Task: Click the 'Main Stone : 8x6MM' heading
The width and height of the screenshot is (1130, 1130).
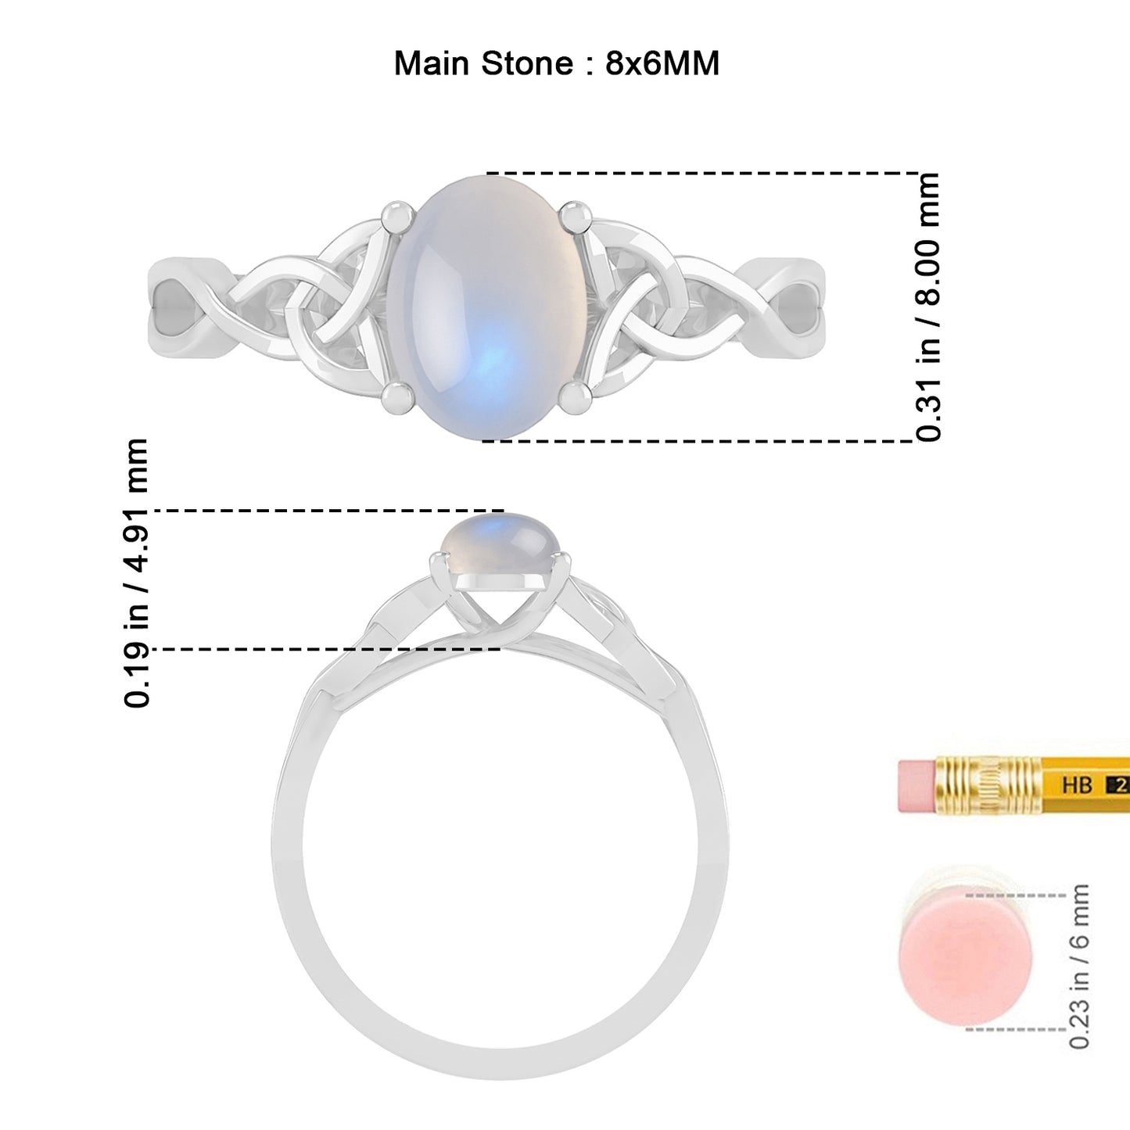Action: point(556,63)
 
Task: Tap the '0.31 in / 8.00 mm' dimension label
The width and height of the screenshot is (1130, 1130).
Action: point(927,307)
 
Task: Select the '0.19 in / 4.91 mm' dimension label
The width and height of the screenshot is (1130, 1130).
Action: point(136,573)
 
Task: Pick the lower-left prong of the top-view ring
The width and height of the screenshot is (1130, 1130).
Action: point(397,399)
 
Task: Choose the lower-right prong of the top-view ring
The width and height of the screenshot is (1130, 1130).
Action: point(576,399)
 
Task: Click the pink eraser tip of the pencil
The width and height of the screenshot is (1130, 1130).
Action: point(917,787)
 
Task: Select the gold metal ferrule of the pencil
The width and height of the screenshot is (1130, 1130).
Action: point(988,786)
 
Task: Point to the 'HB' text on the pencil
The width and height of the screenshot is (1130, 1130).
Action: point(1077,784)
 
